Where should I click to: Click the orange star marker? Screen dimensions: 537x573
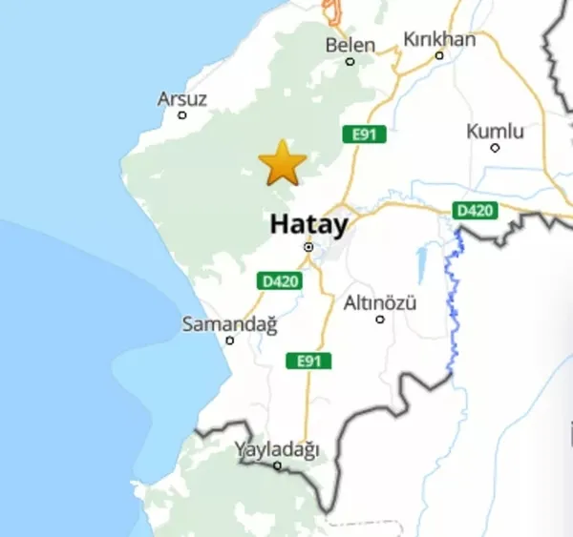[x=283, y=163]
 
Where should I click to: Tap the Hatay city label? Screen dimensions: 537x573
[x=308, y=224]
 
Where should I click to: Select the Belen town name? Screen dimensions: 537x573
[x=350, y=44]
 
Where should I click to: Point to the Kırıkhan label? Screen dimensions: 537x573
[x=439, y=39]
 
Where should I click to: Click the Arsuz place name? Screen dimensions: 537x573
[x=181, y=98]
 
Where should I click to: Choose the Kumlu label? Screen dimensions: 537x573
[x=495, y=131]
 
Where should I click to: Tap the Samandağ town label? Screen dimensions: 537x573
[x=229, y=324]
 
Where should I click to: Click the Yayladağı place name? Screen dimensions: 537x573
[x=277, y=449]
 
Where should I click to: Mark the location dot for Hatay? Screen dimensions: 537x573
[x=308, y=247]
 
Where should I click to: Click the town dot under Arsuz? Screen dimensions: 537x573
[x=182, y=115]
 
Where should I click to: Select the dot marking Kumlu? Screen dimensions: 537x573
[x=495, y=148]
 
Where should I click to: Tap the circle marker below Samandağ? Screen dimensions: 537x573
[x=229, y=341]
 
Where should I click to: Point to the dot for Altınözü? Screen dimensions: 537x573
[x=380, y=320]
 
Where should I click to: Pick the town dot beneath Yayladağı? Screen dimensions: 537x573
[x=277, y=465]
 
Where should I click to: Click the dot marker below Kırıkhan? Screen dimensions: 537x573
[x=439, y=55]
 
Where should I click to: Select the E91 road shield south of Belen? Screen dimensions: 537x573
[x=364, y=134]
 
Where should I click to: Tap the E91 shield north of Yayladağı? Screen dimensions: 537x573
[x=308, y=361]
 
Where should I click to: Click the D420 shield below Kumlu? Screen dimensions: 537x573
[x=474, y=210]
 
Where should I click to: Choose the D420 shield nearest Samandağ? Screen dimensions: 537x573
[x=280, y=280]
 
